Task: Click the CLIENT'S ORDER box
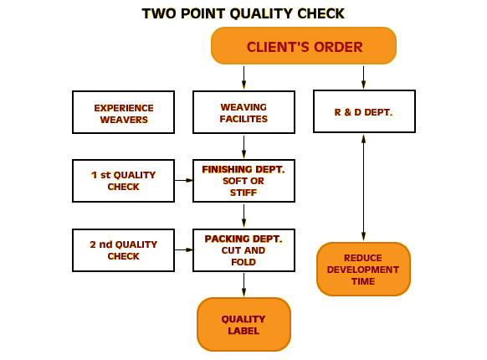click(x=304, y=46)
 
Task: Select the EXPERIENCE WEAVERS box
click(x=123, y=112)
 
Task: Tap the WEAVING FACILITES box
click(x=243, y=112)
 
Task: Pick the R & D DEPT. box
click(x=364, y=111)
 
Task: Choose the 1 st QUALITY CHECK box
click(x=123, y=181)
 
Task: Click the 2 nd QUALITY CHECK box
click(x=123, y=250)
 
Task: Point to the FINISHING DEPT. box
click(x=243, y=181)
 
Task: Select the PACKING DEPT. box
click(x=243, y=250)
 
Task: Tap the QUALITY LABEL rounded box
click(x=243, y=324)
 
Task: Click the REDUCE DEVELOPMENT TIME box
click(x=363, y=270)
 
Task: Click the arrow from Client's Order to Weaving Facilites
click(x=243, y=78)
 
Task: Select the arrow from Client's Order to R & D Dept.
click(x=363, y=78)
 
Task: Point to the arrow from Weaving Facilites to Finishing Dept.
click(x=243, y=147)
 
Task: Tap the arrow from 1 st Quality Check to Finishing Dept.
click(x=184, y=180)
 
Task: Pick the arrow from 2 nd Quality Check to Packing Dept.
click(x=184, y=249)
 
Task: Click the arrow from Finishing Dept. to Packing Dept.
click(x=243, y=216)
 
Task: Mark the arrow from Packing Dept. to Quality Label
click(x=243, y=285)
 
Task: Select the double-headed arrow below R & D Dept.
click(x=363, y=188)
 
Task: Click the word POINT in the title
click(x=202, y=13)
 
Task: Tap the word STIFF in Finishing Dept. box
click(x=243, y=193)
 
